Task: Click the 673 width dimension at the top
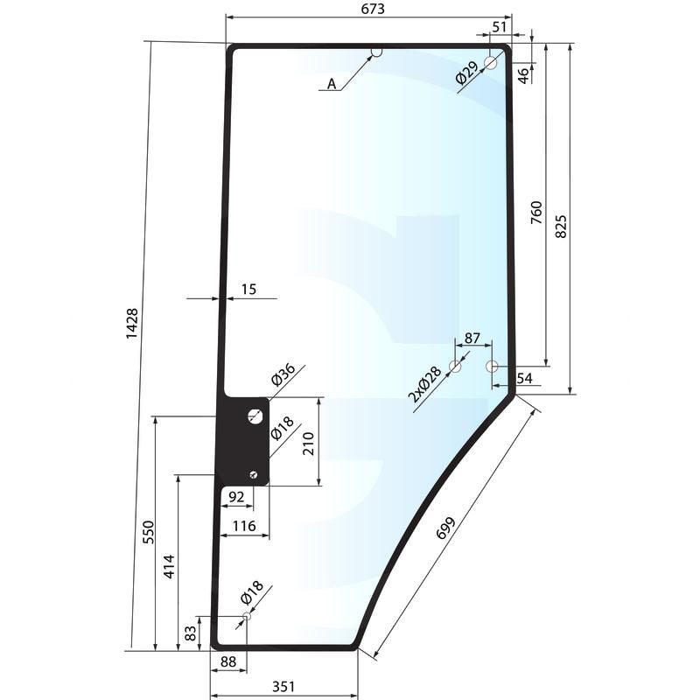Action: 373,9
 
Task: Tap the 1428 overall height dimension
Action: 132,323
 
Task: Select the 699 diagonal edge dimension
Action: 445,528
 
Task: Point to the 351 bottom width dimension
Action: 283,686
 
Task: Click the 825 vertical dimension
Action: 561,227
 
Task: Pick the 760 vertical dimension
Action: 536,213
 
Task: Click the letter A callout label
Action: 332,83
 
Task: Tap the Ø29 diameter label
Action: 467,73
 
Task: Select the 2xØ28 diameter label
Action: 424,383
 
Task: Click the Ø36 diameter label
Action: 283,374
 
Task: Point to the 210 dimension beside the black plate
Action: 309,444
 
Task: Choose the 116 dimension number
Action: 244,526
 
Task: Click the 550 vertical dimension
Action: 148,532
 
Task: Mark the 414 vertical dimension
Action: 169,567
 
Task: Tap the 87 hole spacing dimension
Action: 472,338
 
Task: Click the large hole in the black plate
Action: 255,416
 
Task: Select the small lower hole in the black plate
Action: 254,474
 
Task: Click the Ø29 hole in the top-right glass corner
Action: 491,63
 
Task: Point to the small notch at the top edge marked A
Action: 377,52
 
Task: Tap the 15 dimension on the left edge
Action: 248,290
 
